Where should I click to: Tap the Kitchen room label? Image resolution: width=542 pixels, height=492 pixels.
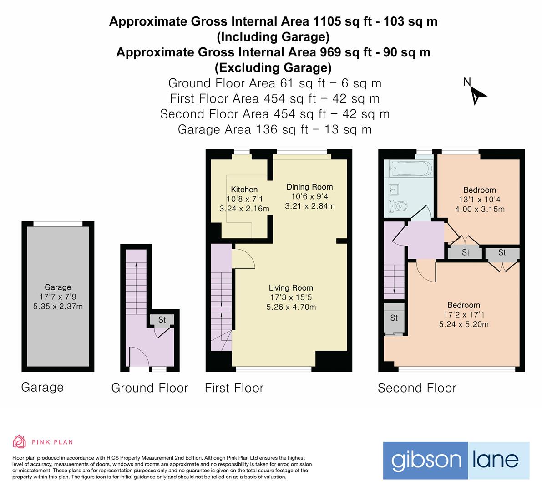[x=244, y=190]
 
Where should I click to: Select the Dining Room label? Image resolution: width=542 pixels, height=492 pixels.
[x=309, y=187]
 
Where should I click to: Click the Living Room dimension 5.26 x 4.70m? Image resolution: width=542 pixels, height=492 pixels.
[x=291, y=307]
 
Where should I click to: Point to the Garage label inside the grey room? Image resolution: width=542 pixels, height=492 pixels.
[x=58, y=287]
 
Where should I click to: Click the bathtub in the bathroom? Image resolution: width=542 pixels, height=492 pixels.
[x=409, y=170]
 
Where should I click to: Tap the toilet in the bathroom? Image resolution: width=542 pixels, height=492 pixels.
[x=398, y=206]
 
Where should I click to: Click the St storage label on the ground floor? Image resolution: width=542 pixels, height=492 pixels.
[x=162, y=320]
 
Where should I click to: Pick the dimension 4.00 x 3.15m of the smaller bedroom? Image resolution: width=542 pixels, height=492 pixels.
[x=480, y=210]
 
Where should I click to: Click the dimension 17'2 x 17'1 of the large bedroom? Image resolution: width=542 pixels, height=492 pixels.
[x=463, y=315]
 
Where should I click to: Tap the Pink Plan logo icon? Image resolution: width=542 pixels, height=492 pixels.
[x=19, y=441]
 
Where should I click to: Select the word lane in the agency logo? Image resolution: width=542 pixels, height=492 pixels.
[x=498, y=460]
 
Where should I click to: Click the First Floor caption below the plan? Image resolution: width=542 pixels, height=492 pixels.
[x=234, y=388]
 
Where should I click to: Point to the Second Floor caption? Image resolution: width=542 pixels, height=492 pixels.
[x=417, y=388]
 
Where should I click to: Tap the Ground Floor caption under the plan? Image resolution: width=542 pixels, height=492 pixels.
[x=149, y=388]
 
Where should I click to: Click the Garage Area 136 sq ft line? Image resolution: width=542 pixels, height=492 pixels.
[x=274, y=130]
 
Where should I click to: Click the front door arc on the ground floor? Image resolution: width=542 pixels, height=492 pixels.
[x=138, y=355]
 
